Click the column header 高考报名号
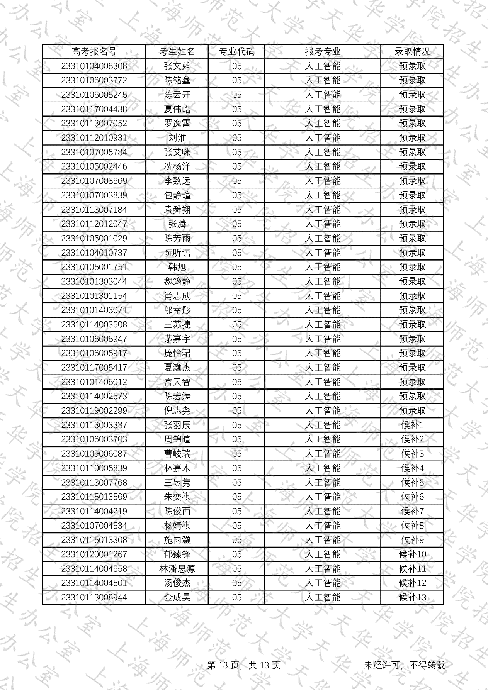(94, 52)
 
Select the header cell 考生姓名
(177, 52)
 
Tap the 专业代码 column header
(236, 52)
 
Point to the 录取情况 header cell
(412, 52)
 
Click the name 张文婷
(177, 66)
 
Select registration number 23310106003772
(94, 80)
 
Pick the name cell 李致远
(177, 181)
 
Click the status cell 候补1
(412, 425)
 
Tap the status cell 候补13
(412, 597)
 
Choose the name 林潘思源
(177, 569)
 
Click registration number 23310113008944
(94, 597)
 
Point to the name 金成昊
(177, 597)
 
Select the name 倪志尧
(177, 410)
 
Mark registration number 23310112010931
(94, 138)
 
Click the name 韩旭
(177, 267)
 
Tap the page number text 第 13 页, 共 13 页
(244, 665)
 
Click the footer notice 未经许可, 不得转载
(404, 665)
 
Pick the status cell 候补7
(412, 511)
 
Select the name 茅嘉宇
(177, 339)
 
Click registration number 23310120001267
(94, 554)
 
